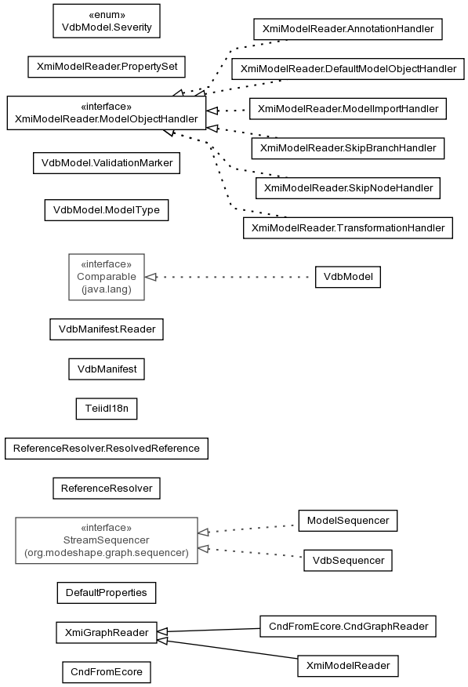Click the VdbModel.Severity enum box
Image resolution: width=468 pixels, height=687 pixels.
[x=107, y=21]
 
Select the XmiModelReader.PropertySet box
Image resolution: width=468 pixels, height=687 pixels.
[x=107, y=67]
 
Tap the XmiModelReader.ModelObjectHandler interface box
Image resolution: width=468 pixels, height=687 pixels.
[x=107, y=113]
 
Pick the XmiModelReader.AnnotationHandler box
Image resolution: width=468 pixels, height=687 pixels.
[x=348, y=29]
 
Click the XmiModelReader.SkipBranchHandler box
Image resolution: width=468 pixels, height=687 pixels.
[x=348, y=148]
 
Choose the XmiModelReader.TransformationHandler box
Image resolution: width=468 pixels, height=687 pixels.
[x=348, y=228]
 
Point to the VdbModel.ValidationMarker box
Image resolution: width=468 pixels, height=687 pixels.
[x=107, y=163]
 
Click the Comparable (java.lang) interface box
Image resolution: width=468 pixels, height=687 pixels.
[x=107, y=277]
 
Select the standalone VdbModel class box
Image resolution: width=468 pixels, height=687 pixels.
[x=348, y=277]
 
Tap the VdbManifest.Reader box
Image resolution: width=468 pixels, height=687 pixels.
[x=107, y=329]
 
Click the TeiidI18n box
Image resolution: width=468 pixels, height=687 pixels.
[x=107, y=409]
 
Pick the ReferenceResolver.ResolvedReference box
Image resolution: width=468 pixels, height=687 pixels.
[x=107, y=449]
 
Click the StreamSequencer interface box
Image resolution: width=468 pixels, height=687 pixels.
[x=107, y=540]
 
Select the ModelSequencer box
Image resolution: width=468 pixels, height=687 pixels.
[x=348, y=521]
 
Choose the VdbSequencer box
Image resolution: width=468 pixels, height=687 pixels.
[x=348, y=561]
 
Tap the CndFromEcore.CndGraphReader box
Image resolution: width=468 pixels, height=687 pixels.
[x=348, y=627]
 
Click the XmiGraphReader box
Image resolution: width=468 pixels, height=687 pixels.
[x=107, y=633]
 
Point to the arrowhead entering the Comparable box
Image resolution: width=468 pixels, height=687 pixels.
[x=151, y=277]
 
